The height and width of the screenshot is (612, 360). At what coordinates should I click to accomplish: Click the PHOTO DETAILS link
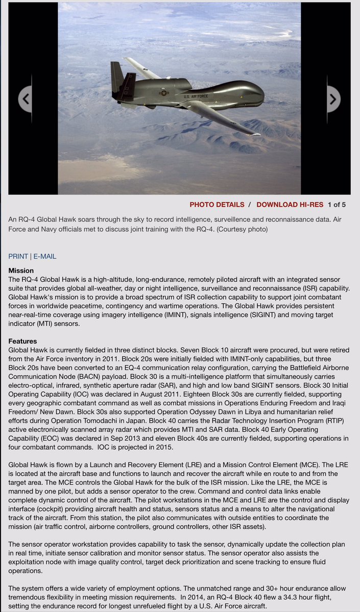217,205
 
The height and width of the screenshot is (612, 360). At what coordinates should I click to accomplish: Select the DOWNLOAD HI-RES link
290,205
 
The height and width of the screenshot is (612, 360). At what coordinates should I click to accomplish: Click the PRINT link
18,256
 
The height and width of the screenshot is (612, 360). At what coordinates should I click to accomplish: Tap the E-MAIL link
45,256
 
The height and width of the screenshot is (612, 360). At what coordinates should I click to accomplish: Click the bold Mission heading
21,271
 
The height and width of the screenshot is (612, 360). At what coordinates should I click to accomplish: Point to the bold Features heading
22,341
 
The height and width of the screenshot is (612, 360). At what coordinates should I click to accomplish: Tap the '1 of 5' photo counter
337,205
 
